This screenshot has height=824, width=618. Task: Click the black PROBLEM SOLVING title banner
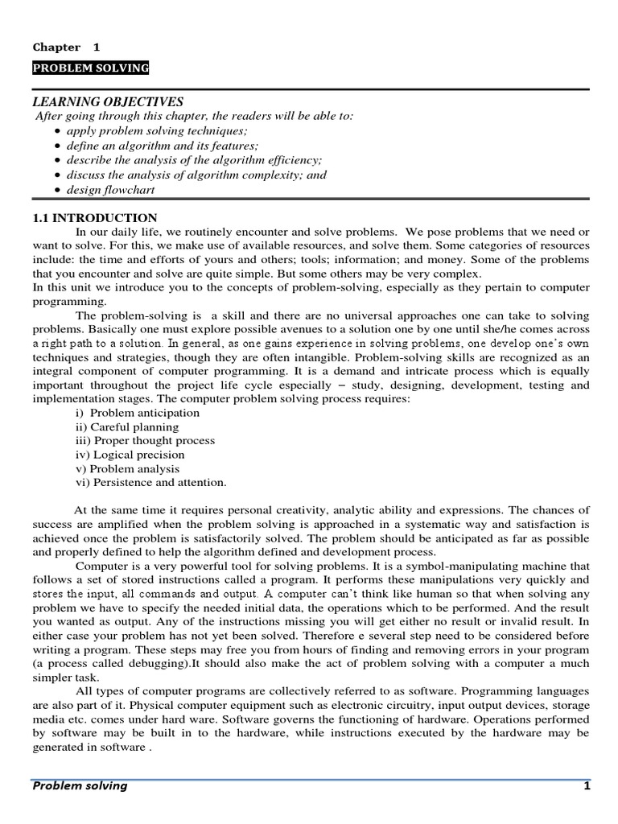click(x=91, y=69)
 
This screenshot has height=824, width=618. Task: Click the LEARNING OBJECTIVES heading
click(x=108, y=101)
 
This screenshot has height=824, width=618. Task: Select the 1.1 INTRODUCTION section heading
click(x=95, y=218)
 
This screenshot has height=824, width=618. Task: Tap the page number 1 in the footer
click(x=587, y=785)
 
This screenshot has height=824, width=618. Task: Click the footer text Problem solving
click(x=80, y=785)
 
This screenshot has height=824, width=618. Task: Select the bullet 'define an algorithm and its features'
click(x=162, y=146)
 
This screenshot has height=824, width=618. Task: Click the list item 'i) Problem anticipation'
click(x=137, y=413)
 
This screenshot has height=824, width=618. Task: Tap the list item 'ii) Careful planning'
click(x=126, y=427)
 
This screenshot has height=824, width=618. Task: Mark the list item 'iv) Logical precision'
click(x=130, y=455)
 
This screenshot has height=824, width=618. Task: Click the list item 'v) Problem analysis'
click(x=127, y=468)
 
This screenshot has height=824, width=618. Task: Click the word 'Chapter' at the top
click(x=56, y=47)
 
